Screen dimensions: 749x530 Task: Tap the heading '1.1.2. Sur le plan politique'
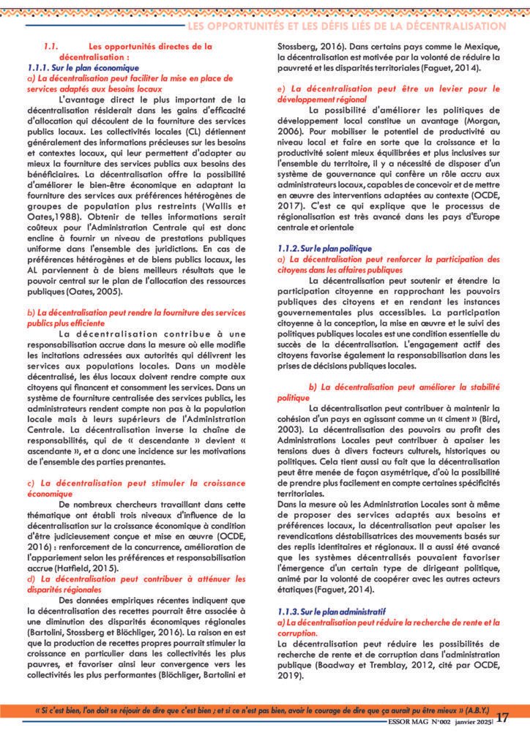[325, 249]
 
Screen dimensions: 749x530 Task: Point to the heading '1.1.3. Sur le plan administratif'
[332, 611]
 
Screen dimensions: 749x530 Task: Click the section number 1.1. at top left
[50, 45]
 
